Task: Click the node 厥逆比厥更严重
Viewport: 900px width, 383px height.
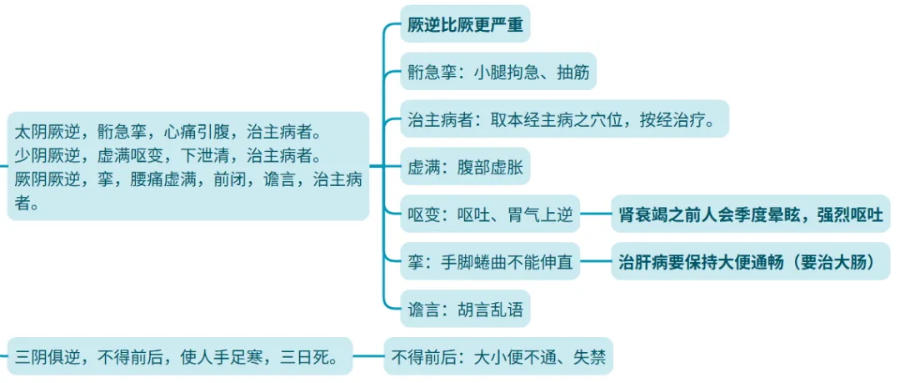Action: pos(464,25)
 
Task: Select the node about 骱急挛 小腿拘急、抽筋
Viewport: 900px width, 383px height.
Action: pos(497,72)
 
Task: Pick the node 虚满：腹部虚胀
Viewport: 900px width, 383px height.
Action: pos(464,166)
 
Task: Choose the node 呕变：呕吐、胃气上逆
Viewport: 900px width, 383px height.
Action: pos(489,215)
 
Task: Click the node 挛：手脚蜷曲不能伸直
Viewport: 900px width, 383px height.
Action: pos(489,262)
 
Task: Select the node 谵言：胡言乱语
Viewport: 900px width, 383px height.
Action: pos(464,310)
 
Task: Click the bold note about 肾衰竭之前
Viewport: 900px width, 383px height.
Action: pos(750,215)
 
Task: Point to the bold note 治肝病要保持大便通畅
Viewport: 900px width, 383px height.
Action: pos(750,262)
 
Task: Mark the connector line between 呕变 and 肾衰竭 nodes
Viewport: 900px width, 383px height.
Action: pos(596,214)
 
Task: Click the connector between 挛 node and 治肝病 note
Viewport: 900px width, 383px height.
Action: pos(596,261)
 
